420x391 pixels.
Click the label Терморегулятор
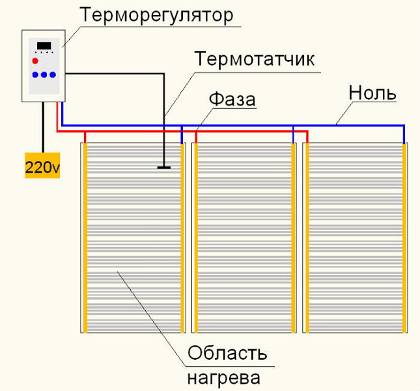[156, 16]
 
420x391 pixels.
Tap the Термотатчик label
[255, 59]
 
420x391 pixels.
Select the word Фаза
[232, 99]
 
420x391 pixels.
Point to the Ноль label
[372, 93]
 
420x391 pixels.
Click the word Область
[227, 353]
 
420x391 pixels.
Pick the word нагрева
[224, 378]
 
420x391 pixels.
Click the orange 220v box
[42, 166]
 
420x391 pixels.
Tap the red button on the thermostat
[35, 61]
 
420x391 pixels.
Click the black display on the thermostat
[44, 46]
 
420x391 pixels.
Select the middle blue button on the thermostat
[44, 74]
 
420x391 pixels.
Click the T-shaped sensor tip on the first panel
[164, 167]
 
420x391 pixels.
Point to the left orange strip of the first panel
[85, 238]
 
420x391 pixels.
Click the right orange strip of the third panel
[404, 238]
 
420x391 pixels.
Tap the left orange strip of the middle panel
[196, 238]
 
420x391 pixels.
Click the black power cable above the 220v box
[42, 127]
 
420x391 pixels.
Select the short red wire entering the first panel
[85, 138]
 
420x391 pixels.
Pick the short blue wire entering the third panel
[404, 134]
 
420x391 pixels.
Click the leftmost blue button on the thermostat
[35, 74]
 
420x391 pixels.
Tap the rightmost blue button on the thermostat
[53, 74]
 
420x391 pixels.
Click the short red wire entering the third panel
[307, 138]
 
